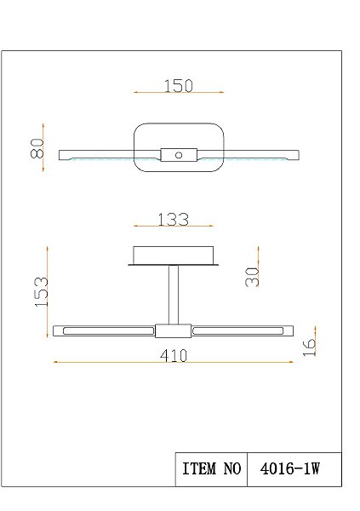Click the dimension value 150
point(179,85)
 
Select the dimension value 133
point(173,220)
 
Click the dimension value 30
point(252,275)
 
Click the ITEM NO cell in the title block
point(211,469)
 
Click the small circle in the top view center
point(179,155)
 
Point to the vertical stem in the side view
point(173,295)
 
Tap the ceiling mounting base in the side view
point(173,255)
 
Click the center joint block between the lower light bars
point(173,331)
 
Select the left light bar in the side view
point(104,330)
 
